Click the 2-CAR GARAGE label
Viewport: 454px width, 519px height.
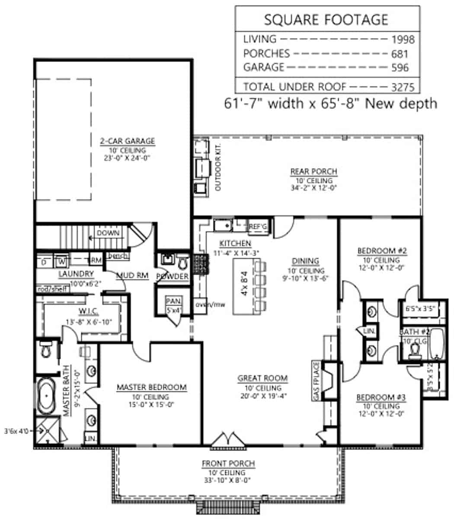tap(127, 141)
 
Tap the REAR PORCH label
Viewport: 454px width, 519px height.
tap(313, 172)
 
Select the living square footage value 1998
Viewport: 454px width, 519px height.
tap(403, 40)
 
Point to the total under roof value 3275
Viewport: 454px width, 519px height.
tap(403, 86)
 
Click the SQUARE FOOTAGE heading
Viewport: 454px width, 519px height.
tap(326, 19)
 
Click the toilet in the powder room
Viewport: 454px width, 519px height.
tap(182, 261)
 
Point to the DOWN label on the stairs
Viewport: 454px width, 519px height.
tap(108, 233)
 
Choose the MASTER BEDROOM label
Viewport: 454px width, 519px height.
tap(151, 387)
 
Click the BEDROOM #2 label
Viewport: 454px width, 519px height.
tap(378, 251)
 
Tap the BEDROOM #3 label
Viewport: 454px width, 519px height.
tap(378, 397)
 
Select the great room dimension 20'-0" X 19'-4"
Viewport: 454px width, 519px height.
tap(262, 395)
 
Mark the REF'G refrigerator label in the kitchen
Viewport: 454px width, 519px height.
tap(259, 226)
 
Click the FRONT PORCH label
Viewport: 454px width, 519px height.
tap(228, 464)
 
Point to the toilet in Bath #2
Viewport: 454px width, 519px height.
tap(414, 353)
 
